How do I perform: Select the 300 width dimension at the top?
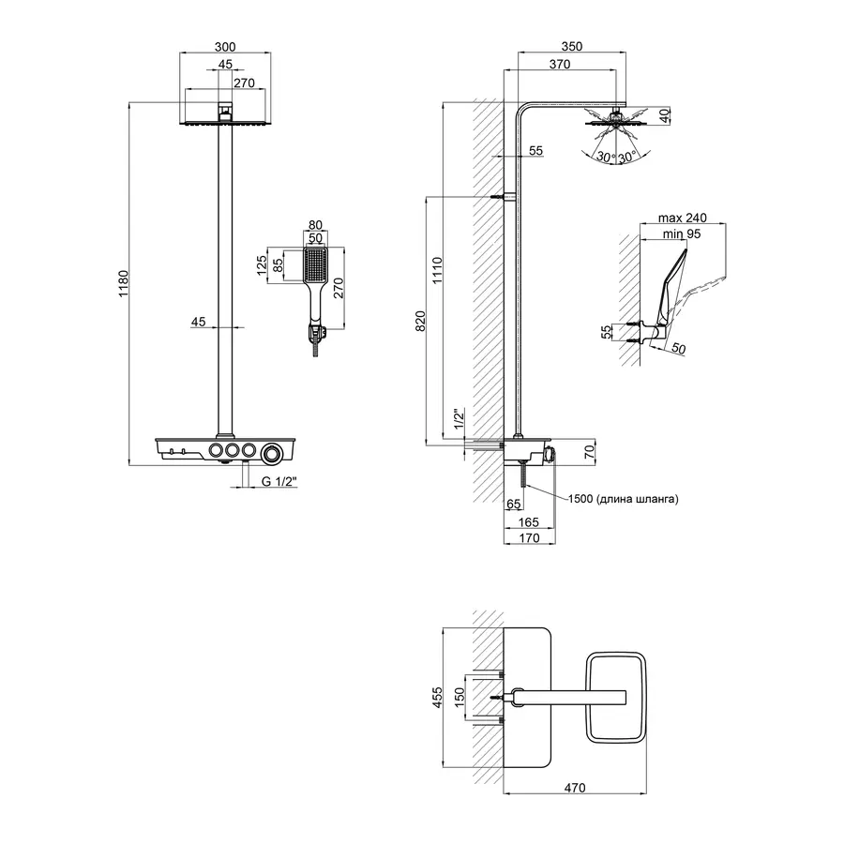point(224,46)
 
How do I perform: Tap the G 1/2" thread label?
point(279,482)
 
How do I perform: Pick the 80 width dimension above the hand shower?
point(314,225)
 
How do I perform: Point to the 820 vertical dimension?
point(420,320)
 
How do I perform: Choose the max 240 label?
point(683,218)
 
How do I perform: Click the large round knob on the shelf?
point(273,453)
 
